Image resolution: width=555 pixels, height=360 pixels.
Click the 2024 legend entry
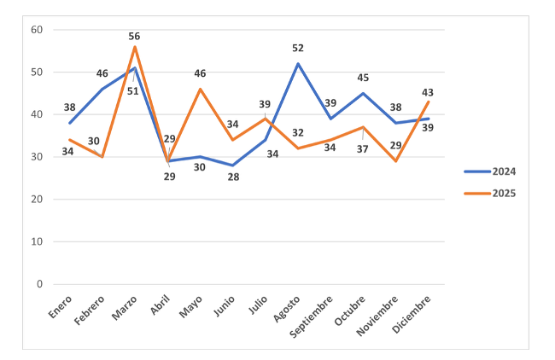[491, 171]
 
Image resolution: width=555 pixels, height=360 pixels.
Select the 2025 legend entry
[491, 194]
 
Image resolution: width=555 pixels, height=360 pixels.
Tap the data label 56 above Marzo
[135, 36]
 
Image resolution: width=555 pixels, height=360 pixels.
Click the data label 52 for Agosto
[298, 48]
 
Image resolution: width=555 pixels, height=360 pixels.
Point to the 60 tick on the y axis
[36, 30]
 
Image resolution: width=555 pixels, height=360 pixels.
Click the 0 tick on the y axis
[38, 284]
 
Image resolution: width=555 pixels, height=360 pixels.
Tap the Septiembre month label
[313, 317]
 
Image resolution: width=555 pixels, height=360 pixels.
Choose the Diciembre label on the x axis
[412, 315]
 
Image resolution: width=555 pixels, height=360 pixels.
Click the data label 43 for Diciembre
[428, 91]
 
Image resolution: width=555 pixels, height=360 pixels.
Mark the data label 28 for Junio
[232, 177]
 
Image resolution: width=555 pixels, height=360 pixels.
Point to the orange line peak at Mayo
[201, 89]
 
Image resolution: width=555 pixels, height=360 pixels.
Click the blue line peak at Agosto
[298, 63]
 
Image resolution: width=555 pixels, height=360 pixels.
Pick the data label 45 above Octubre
[363, 78]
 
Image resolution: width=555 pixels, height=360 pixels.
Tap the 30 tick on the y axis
[36, 157]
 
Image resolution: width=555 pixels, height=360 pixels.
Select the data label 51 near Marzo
[133, 90]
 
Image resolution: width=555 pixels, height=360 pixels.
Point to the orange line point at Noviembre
[395, 161]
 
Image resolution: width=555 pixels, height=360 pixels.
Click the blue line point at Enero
[70, 123]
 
